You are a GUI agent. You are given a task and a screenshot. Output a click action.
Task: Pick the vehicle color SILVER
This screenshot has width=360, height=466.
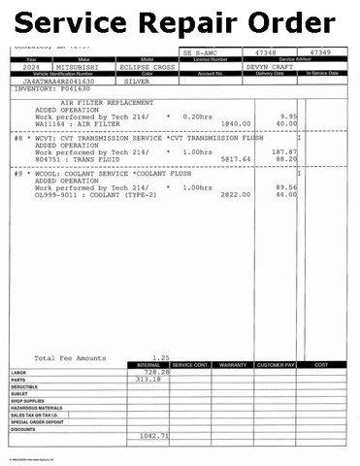(x=143, y=82)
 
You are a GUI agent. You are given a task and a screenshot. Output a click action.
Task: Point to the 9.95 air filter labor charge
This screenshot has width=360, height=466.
(x=285, y=116)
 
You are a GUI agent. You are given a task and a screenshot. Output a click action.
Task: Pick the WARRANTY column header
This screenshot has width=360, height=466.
(x=234, y=365)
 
